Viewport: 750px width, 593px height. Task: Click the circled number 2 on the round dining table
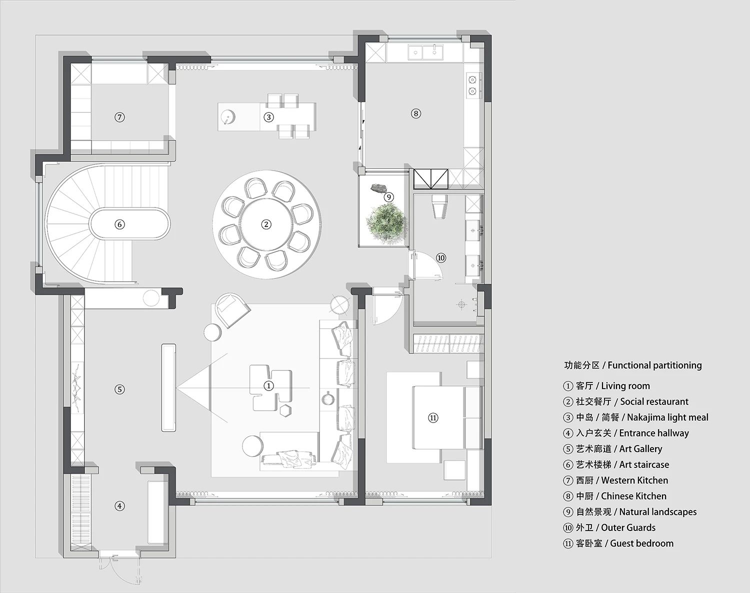[266, 224]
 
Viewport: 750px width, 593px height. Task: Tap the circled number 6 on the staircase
[119, 224]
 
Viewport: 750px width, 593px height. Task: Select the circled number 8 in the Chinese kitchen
[415, 113]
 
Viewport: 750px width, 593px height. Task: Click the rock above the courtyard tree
[377, 188]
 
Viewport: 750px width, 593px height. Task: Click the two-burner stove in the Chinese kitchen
[472, 85]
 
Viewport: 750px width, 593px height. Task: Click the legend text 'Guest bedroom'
[641, 543]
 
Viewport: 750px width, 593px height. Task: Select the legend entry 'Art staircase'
[616, 464]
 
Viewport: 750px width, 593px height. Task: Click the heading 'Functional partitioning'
[654, 365]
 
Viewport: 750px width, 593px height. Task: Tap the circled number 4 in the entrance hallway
[119, 506]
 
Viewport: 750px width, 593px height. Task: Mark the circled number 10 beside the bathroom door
[441, 257]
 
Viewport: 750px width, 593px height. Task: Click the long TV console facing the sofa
[168, 387]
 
